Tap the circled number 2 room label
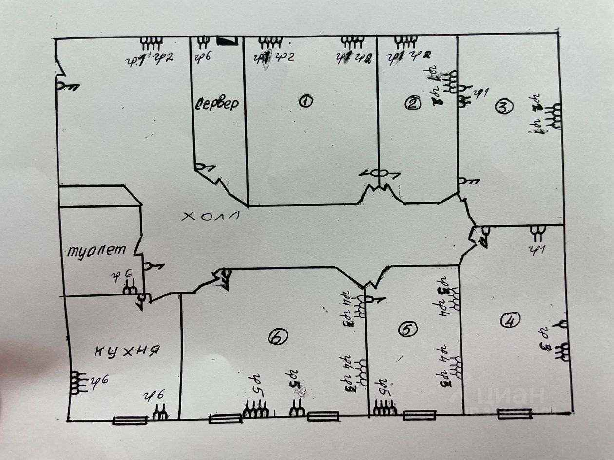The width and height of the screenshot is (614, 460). [x=413, y=103]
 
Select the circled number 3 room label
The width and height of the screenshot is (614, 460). [x=504, y=106]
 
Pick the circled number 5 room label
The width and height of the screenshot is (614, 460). [x=407, y=330]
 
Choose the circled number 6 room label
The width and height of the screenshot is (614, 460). [x=277, y=337]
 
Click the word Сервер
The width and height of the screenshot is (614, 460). [x=217, y=104]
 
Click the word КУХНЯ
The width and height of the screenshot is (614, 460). [x=127, y=350]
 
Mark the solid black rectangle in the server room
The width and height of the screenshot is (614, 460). [x=228, y=41]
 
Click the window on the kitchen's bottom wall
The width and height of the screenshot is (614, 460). [x=130, y=420]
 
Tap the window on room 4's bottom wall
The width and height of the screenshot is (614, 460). [x=515, y=414]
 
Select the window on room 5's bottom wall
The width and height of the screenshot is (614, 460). [x=420, y=415]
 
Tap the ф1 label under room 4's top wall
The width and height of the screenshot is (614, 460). [x=538, y=250]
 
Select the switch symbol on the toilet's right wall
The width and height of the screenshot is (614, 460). [x=153, y=266]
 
